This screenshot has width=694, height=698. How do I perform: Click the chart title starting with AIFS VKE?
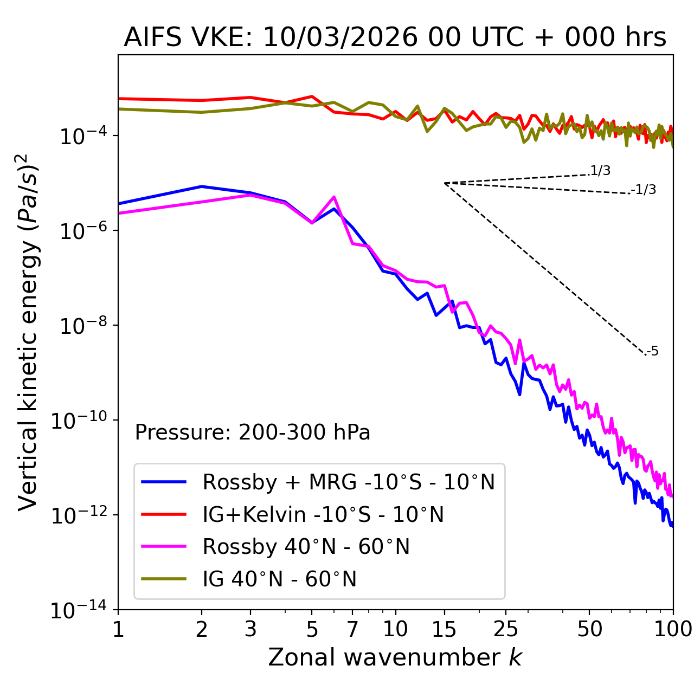coord(395,37)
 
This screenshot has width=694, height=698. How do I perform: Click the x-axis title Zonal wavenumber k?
coord(395,657)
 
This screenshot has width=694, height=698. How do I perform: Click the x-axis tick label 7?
coord(352,629)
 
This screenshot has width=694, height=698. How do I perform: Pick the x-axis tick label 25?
coord(506,629)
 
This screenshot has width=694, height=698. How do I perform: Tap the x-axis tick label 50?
coord(589,629)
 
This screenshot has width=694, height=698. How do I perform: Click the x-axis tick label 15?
coord(444,629)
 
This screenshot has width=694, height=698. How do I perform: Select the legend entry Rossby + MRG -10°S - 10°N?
coord(349,482)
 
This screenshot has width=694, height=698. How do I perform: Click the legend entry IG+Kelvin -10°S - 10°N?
coord(323,514)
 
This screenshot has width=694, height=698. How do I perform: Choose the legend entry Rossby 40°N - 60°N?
coord(306,547)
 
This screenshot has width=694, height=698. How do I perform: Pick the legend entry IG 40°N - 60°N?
coord(279,579)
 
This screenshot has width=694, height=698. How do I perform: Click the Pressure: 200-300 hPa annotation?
coord(253,432)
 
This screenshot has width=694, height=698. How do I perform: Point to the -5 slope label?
coord(653,351)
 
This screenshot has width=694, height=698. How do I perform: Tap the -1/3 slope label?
coord(645,190)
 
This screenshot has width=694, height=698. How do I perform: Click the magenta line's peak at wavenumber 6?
coord(334,197)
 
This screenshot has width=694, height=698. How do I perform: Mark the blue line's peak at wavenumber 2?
coord(202,186)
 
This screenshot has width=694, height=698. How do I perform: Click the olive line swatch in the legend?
coord(164,579)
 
